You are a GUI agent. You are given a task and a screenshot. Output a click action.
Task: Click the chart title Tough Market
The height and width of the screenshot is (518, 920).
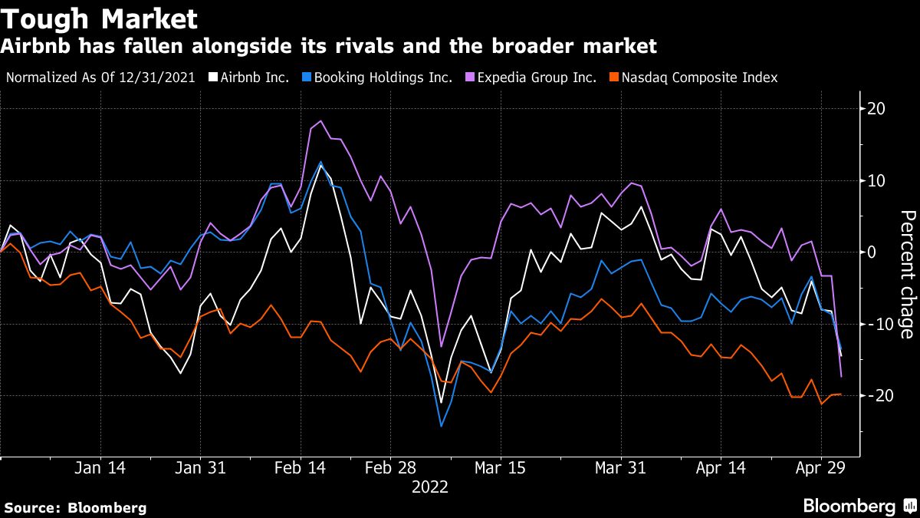tap(100, 18)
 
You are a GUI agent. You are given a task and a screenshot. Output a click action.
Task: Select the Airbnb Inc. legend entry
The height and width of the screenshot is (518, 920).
tap(254, 78)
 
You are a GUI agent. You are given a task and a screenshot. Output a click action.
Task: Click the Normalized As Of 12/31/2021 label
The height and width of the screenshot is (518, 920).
tap(100, 78)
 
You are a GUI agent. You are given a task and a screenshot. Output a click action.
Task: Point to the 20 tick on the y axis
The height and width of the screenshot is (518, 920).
tap(876, 109)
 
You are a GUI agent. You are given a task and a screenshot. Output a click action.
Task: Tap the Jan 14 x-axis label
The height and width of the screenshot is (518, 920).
tap(100, 468)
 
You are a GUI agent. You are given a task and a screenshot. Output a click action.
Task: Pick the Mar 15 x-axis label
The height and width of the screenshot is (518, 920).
tap(500, 468)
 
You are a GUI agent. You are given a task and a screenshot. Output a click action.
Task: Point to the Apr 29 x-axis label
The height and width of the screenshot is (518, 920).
tap(821, 468)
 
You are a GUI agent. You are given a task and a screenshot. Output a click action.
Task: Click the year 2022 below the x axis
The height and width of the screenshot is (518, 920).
tap(429, 487)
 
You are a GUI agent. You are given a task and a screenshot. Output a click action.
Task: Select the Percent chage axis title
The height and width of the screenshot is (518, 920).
tap(905, 274)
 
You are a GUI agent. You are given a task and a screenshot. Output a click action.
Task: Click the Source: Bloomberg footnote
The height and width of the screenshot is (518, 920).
tap(75, 507)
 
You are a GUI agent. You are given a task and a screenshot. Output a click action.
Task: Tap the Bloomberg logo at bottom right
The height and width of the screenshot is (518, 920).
tap(859, 506)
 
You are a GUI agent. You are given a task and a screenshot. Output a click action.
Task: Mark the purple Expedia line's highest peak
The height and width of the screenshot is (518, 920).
tap(320, 120)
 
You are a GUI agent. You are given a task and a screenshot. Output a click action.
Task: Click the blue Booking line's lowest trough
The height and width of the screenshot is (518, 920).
tap(441, 426)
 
